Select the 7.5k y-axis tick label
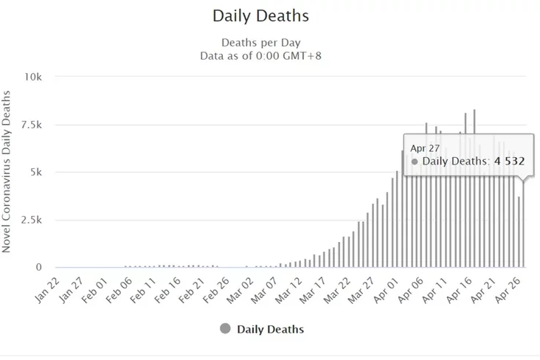(x=32, y=125)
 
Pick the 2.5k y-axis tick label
(x=32, y=221)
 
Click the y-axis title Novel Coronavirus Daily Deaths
(x=7, y=172)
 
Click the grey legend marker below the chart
(x=225, y=328)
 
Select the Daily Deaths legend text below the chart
(x=270, y=329)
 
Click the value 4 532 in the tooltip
(x=508, y=161)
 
